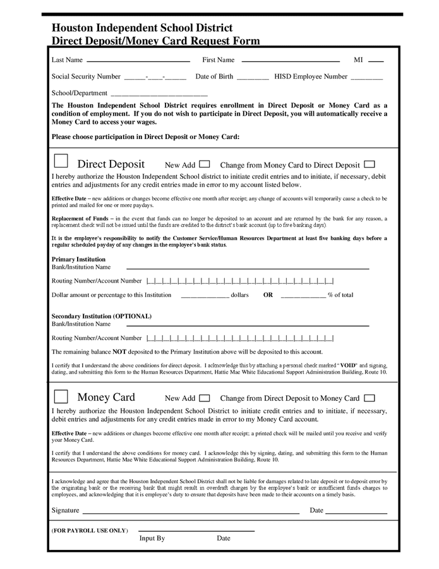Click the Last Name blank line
pos(138,61)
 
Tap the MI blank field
pos(375,61)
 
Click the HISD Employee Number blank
pos(366,78)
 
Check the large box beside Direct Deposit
pos(61,162)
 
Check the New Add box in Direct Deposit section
pos(205,164)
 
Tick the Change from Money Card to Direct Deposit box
pos(370,164)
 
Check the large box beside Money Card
pos(61,396)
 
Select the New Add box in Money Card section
pos(205,398)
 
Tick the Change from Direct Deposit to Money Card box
pos(370,398)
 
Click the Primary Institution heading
pos(78,259)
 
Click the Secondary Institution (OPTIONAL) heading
pos(101,316)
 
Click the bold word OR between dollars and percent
pos(268,295)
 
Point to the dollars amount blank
pos(205,296)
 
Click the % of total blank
pos(303,296)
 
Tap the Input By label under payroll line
pos(152,538)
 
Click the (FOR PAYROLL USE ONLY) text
pos(90,530)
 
